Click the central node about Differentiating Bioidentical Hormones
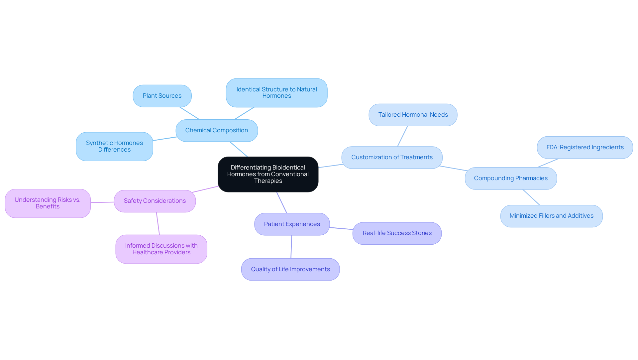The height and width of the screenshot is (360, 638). click(x=268, y=174)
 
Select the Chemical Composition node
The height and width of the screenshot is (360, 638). click(x=217, y=130)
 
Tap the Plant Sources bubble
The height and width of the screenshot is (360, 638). click(x=162, y=96)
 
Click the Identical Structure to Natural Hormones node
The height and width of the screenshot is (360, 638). click(x=276, y=93)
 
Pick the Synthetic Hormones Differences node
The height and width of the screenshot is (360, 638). click(x=114, y=146)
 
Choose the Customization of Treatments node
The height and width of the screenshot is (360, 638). click(x=392, y=157)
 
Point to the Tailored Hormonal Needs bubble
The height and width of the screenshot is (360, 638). click(x=413, y=115)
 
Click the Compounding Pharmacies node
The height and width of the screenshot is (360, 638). click(x=511, y=178)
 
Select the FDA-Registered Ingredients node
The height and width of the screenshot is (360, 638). click(x=585, y=147)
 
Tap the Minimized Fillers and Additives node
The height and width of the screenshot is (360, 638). click(x=551, y=216)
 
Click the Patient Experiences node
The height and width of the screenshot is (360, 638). click(x=292, y=224)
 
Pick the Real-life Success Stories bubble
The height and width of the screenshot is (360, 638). click(x=397, y=233)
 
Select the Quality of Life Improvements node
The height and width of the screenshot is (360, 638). click(x=290, y=269)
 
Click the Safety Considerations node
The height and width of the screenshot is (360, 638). click(x=155, y=201)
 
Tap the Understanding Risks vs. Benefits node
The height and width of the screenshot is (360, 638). click(x=48, y=203)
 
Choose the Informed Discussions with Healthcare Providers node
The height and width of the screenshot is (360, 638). click(x=161, y=249)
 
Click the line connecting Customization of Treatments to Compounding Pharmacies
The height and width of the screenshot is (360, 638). click(x=454, y=168)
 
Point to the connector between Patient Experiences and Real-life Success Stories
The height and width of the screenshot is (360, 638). click(x=341, y=228)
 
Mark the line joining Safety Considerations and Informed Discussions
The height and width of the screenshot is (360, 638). click(x=158, y=223)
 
